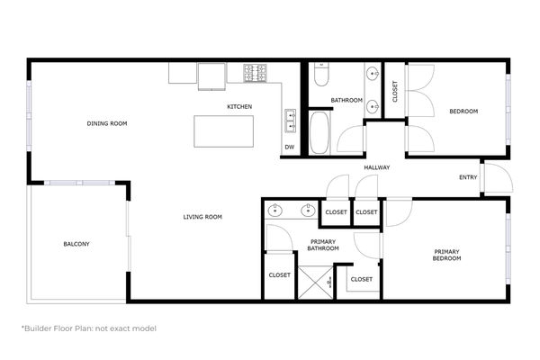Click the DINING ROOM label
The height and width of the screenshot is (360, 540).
(x=103, y=123)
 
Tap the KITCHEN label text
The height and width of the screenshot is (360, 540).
(x=239, y=107)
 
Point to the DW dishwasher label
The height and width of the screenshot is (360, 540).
(x=289, y=147)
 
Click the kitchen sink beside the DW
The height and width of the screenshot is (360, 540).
(x=291, y=117)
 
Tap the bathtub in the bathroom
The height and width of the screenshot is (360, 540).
(x=319, y=131)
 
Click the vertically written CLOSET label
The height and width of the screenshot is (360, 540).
(x=395, y=91)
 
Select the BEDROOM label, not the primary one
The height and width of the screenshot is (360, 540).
(x=463, y=111)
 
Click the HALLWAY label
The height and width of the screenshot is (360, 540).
(x=376, y=168)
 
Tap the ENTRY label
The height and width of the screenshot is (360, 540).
(x=468, y=177)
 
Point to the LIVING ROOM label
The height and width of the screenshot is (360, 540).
(x=202, y=217)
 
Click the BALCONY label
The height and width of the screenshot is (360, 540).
(x=76, y=244)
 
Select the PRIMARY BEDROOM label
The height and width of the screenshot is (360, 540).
(x=447, y=255)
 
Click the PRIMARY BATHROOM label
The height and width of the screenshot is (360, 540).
(x=322, y=246)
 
